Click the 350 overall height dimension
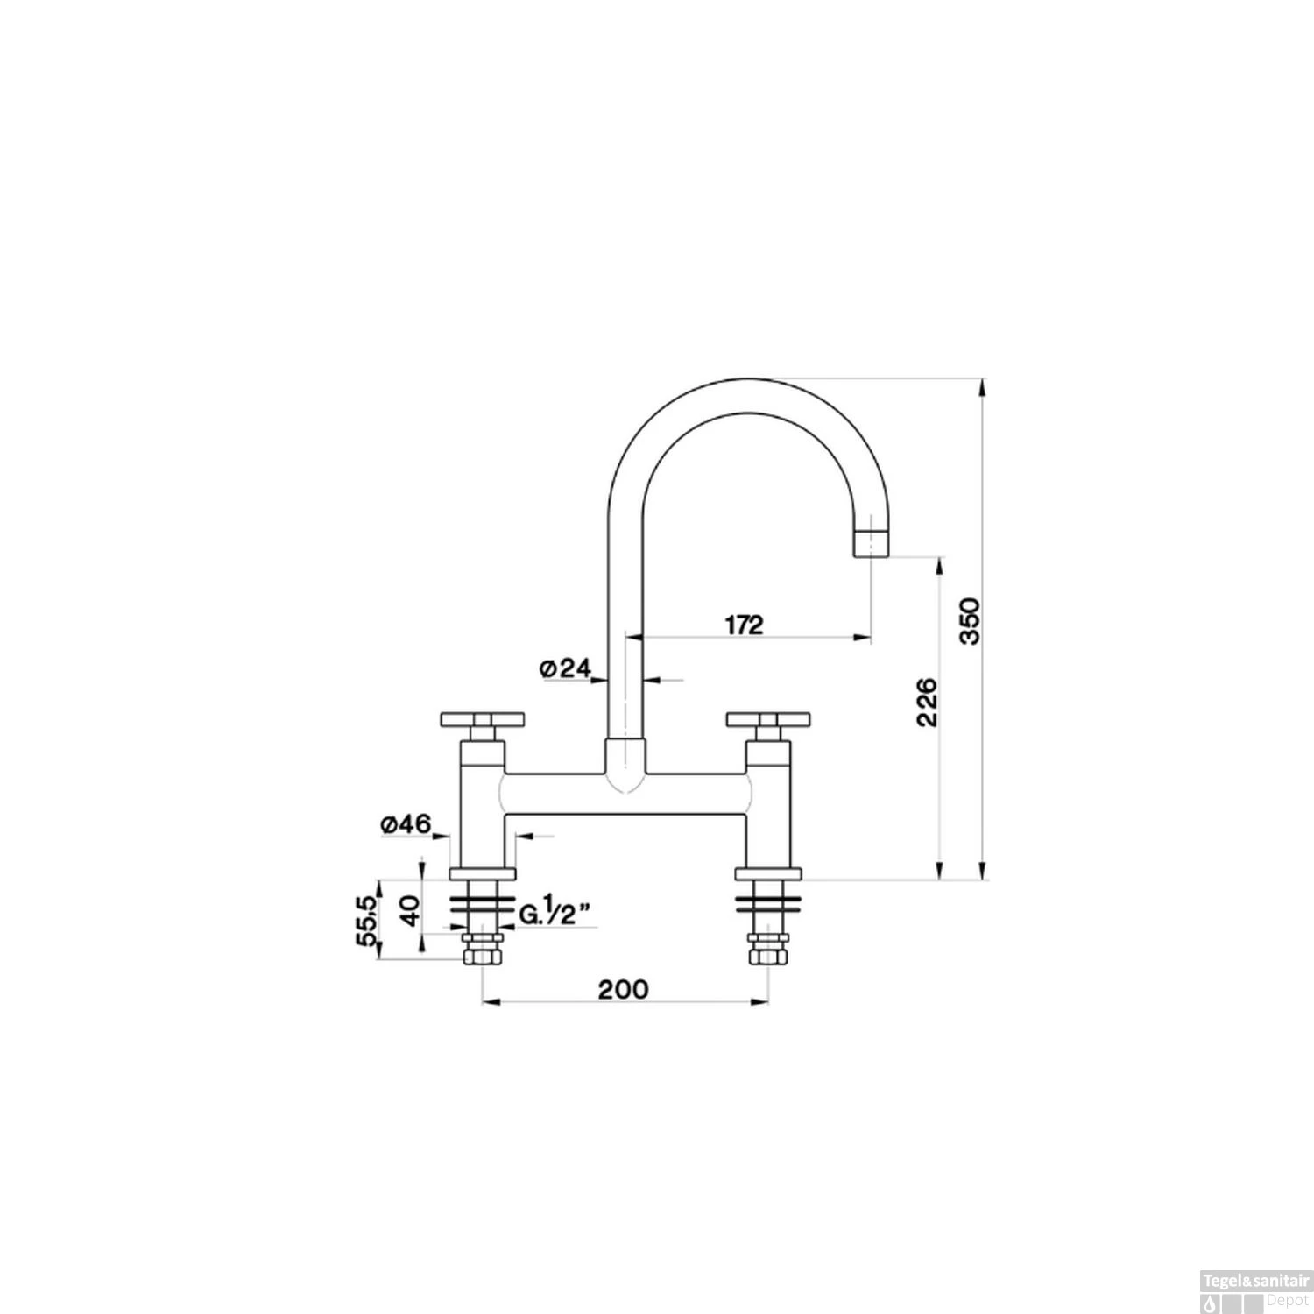tap(971, 621)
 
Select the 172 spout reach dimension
tap(744, 625)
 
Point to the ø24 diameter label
tap(564, 668)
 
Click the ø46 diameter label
tap(406, 824)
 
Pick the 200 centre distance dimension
tap(624, 989)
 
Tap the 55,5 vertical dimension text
tap(367, 919)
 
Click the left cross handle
tap(483, 721)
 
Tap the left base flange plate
tap(483, 873)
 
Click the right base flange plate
tap(768, 873)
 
